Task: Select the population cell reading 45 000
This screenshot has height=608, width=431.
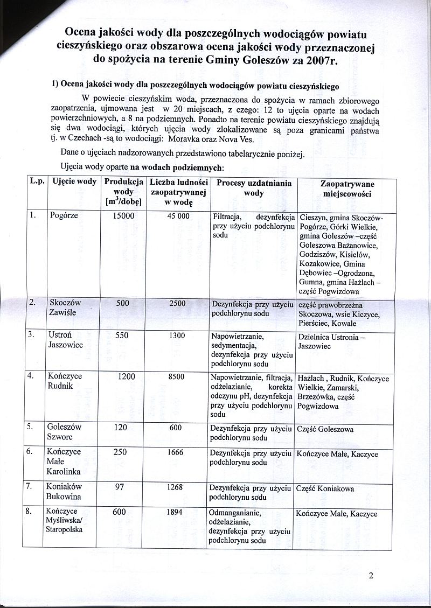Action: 178,216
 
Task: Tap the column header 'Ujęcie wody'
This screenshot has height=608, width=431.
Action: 73,181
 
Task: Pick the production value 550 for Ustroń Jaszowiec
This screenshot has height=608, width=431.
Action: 122,336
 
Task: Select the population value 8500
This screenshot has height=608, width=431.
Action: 177,377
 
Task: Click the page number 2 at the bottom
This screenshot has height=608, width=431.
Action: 371,575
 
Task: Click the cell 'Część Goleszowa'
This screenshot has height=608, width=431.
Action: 325,429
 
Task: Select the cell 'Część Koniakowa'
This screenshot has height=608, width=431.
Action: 324,489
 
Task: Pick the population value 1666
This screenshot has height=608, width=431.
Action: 176,453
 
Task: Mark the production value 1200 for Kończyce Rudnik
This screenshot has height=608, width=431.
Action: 126,377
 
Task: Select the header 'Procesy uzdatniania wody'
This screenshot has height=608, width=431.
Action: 253,187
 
